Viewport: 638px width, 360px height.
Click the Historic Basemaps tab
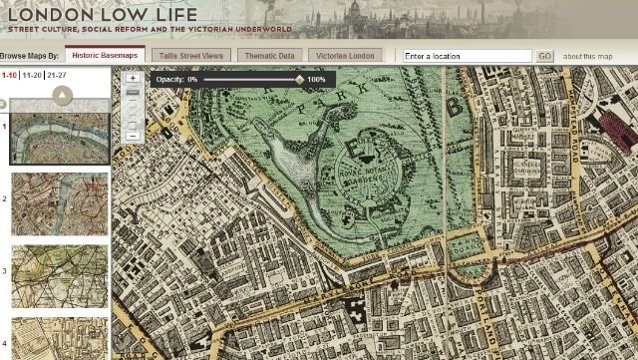click(105, 56)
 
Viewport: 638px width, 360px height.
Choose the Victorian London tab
click(345, 56)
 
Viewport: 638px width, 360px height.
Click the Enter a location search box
click(467, 56)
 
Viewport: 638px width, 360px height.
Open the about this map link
click(587, 56)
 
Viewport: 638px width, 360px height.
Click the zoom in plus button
click(133, 77)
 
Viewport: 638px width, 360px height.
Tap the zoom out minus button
click(133, 135)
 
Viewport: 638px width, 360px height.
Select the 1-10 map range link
click(9, 75)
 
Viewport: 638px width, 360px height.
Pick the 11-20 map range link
click(31, 75)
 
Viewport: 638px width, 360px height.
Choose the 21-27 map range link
click(57, 75)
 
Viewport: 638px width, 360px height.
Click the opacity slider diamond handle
click(300, 79)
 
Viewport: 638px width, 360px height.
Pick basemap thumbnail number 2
click(59, 203)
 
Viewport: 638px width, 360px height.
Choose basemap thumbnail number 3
click(59, 276)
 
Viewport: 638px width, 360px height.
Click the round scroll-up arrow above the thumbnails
click(62, 95)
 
